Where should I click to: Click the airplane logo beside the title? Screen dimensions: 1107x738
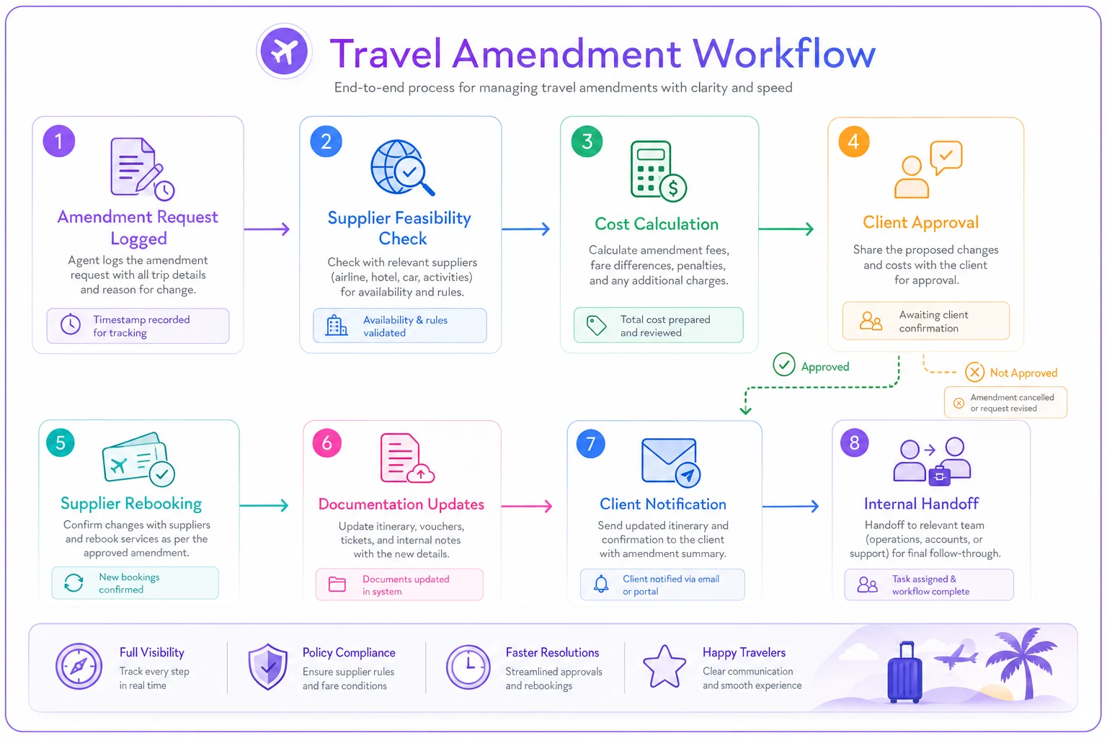[x=284, y=51]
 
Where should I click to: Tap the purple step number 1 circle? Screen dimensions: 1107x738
[x=59, y=141]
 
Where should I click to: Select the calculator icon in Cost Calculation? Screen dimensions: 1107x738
[x=658, y=171]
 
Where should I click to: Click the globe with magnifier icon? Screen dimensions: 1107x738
[x=402, y=168]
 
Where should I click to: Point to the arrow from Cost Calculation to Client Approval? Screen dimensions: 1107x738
[x=786, y=229]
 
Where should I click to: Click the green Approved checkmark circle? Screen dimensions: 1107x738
[x=784, y=365]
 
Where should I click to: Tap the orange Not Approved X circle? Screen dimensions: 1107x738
[x=974, y=372]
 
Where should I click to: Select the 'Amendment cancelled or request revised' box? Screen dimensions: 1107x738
[x=1005, y=403]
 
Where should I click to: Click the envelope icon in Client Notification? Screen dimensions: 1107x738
[x=671, y=462]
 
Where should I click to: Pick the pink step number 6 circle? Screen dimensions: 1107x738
[x=327, y=443]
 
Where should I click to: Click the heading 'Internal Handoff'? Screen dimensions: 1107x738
[x=921, y=504]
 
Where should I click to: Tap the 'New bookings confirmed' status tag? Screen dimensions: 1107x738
[x=135, y=583]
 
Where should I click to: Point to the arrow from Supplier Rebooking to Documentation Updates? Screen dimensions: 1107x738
[x=264, y=506]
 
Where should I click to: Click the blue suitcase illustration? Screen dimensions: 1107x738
[x=904, y=672]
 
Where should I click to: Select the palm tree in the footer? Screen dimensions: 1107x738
[x=1021, y=662]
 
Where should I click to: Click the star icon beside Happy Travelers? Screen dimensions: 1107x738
[x=664, y=667]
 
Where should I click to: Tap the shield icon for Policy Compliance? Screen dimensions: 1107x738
[x=268, y=667]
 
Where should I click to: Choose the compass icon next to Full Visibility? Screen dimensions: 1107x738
[x=79, y=667]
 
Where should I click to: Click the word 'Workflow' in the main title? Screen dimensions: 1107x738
[x=784, y=53]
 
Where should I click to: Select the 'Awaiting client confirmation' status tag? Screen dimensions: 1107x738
[x=925, y=321]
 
